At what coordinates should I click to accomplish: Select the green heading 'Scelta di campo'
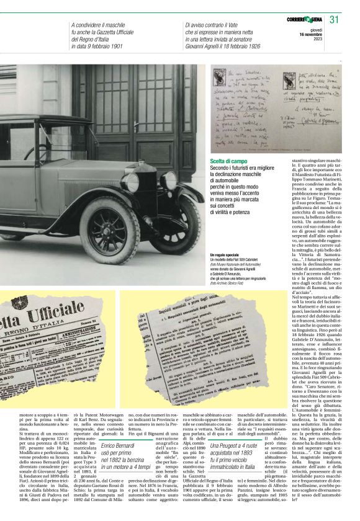[228, 162]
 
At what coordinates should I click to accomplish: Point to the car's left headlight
[130, 182]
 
